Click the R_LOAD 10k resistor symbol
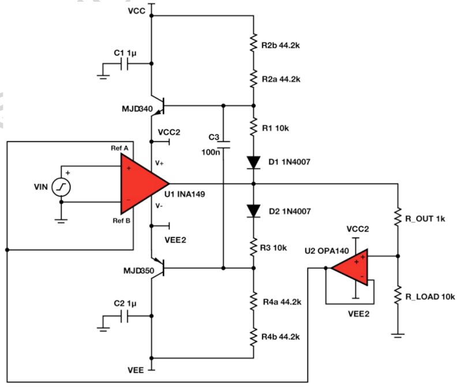click(398, 296)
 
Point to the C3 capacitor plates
click(223, 144)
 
